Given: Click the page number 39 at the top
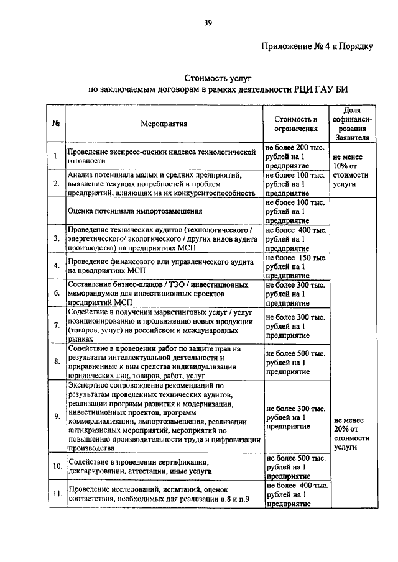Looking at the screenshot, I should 208,24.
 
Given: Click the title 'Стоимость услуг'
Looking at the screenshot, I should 215,79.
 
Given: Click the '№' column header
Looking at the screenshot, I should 56,124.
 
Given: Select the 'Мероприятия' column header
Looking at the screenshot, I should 164,124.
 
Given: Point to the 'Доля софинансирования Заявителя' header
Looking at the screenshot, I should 352,123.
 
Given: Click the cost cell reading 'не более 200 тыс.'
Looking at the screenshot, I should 296,148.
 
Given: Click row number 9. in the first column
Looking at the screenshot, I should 57,415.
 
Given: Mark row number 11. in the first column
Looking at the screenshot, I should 57,494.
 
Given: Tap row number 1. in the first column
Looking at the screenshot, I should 57,156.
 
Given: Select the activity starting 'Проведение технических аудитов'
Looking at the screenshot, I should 164,238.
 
